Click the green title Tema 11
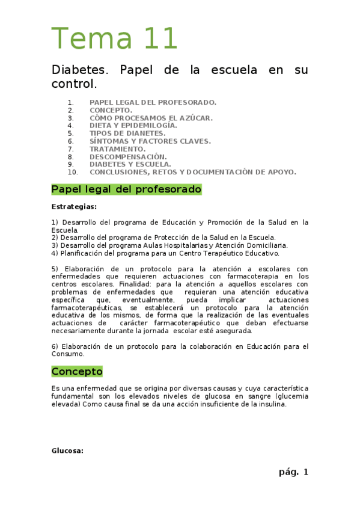[114, 38]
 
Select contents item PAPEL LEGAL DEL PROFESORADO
[153, 103]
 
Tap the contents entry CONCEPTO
[111, 111]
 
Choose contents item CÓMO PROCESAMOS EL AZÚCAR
[151, 118]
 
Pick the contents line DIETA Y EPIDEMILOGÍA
[133, 126]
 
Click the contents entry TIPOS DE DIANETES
[127, 134]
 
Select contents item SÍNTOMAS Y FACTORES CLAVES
[150, 141]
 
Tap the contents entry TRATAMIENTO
[117, 149]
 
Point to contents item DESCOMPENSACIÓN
[128, 156]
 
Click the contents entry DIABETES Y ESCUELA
[130, 164]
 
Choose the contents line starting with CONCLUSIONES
[192, 172]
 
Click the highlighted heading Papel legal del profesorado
[126, 189]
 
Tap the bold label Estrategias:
[74, 206]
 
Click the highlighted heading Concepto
[77, 371]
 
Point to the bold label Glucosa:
[67, 450]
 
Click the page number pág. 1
[293, 472]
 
